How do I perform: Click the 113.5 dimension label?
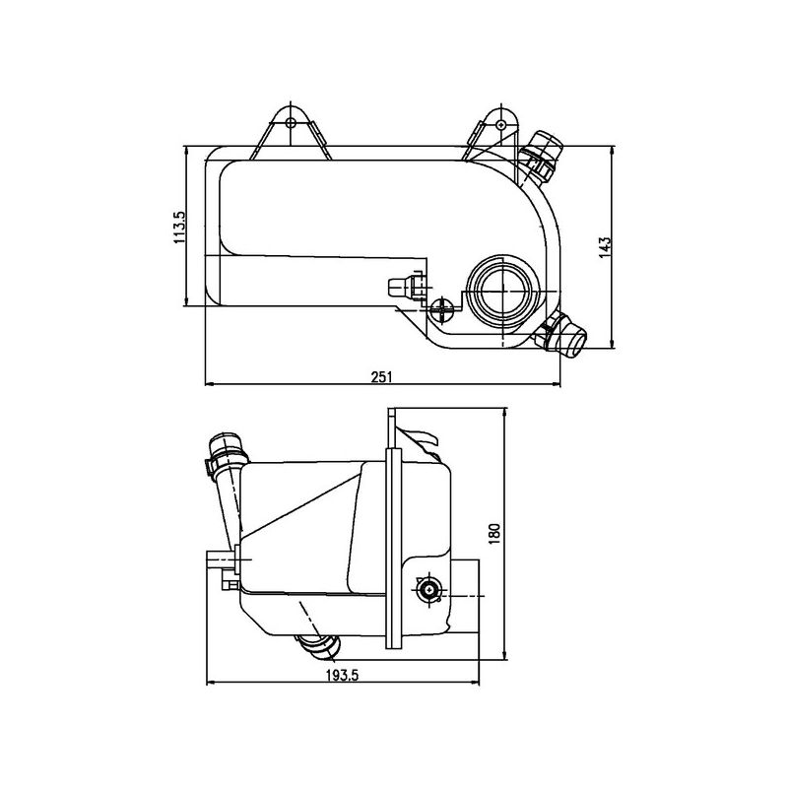click(179, 228)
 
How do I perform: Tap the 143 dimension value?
click(605, 247)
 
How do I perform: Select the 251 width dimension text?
click(381, 376)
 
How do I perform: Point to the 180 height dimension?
click(494, 534)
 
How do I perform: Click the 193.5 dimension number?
click(342, 675)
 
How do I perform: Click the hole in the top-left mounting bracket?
click(290, 122)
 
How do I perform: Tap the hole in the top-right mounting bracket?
click(500, 124)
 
